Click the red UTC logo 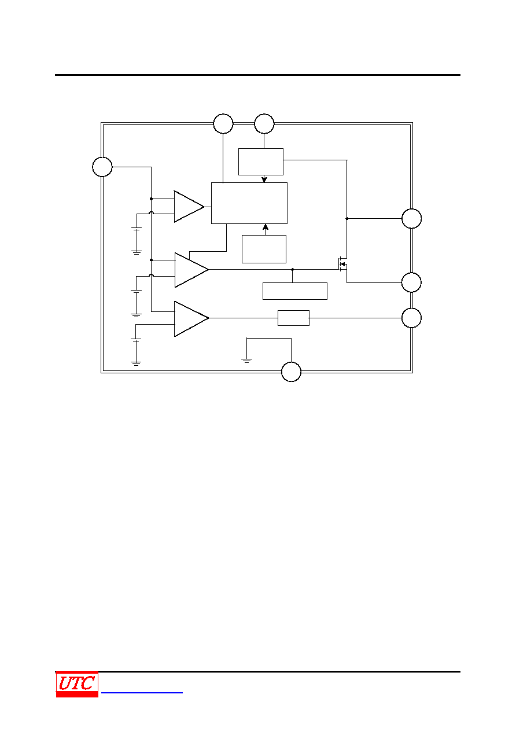point(77,684)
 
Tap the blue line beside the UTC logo point(142,692)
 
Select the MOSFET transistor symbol point(342,264)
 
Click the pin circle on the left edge point(102,167)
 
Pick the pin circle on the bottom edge point(291,372)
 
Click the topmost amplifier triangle point(189,207)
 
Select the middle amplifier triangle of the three point(191,270)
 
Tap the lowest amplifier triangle point(191,318)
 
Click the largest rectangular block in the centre point(249,203)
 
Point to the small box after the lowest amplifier point(293,318)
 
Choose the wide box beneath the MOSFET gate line point(295,291)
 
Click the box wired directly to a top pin point(261,161)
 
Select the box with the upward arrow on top point(264,249)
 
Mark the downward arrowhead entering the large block point(264,179)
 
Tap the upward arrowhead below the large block point(266,227)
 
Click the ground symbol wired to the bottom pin point(246,360)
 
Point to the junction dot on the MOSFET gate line point(293,270)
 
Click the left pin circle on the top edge point(223,124)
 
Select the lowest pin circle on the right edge point(411,318)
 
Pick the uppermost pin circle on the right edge point(412,218)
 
